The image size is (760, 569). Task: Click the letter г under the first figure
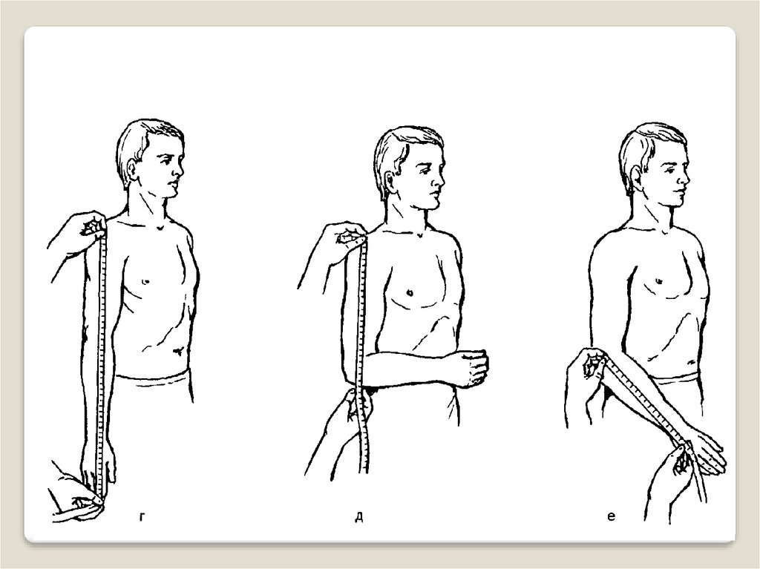pyautogui.click(x=142, y=518)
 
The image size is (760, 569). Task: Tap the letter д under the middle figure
pyautogui.click(x=359, y=518)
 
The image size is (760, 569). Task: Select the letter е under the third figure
pyautogui.click(x=611, y=517)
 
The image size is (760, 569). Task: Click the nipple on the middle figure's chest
pyautogui.click(x=410, y=292)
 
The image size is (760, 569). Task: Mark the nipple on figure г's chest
pyautogui.click(x=145, y=281)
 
